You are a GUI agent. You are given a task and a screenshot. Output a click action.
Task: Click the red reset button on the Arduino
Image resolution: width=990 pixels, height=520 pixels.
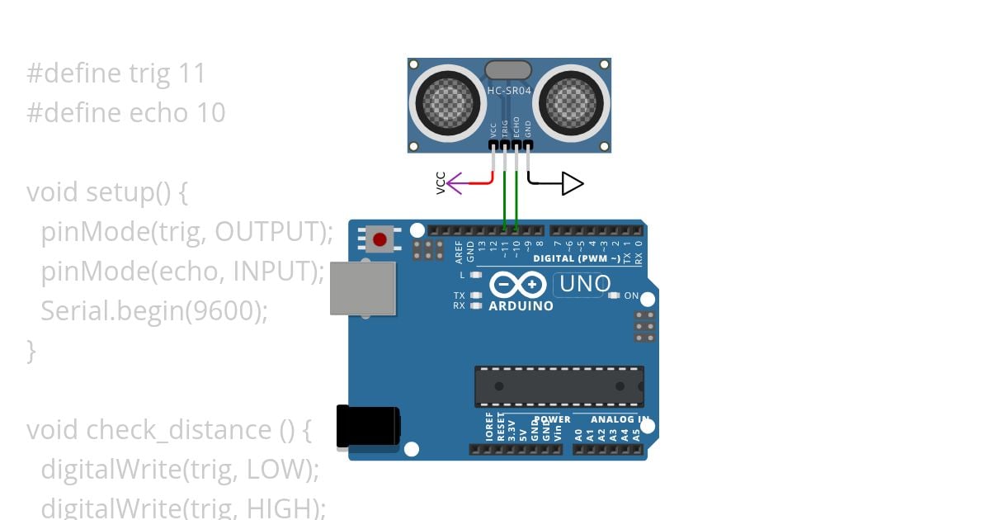379,239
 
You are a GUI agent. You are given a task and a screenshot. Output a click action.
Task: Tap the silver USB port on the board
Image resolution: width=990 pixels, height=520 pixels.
362,288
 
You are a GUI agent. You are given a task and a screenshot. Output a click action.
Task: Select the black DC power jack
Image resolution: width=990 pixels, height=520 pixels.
368,428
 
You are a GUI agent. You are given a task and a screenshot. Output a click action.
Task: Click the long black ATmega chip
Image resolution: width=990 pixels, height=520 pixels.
559,386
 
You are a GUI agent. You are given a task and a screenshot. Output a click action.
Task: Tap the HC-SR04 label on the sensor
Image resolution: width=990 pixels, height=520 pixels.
509,91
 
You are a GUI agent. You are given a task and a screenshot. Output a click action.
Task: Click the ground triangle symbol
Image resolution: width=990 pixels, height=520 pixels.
572,183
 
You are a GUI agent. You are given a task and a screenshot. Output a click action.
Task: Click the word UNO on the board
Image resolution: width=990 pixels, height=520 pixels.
584,285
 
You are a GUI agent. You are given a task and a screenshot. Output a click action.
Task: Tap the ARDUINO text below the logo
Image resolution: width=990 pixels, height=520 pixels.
521,306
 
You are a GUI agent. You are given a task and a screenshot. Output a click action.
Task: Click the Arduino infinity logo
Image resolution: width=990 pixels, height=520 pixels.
517,285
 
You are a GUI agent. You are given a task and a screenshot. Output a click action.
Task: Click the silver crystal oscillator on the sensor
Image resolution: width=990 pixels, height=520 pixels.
509,69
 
